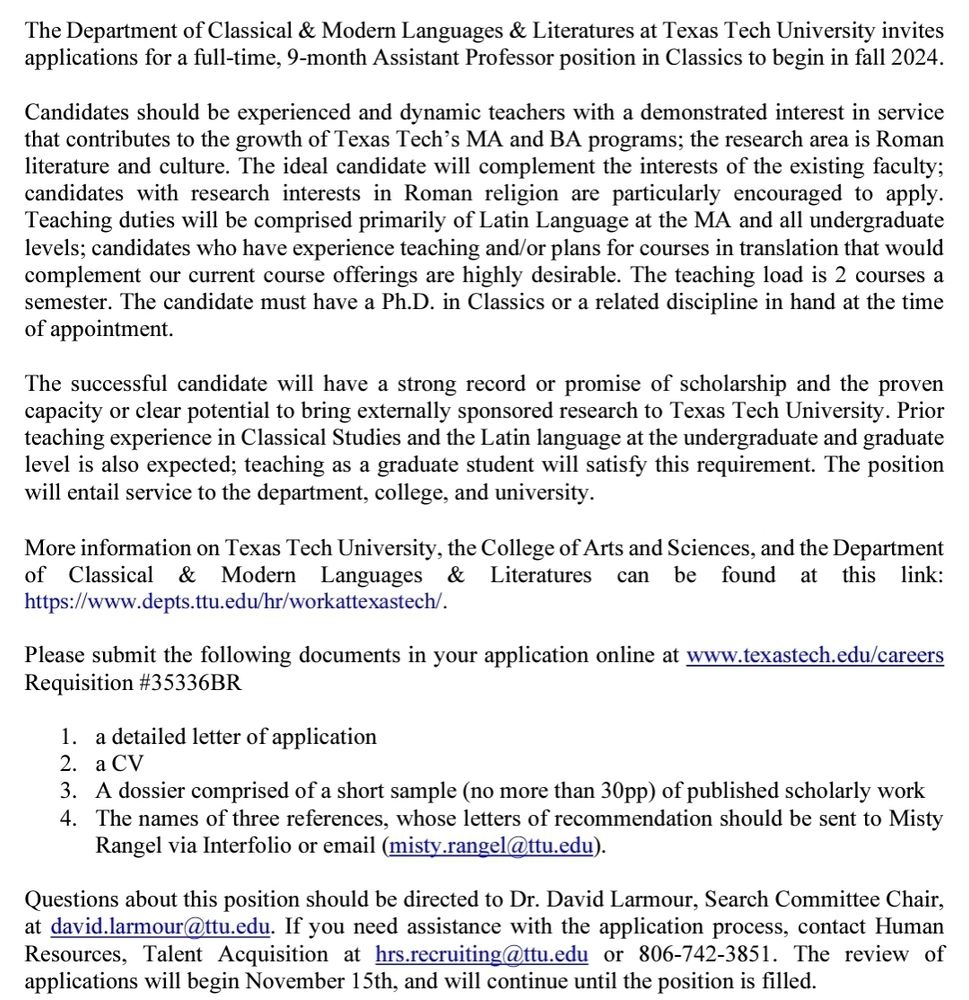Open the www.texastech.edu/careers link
click(x=814, y=656)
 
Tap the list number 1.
click(x=67, y=737)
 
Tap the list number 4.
click(x=67, y=818)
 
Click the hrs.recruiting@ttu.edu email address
click(x=481, y=954)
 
